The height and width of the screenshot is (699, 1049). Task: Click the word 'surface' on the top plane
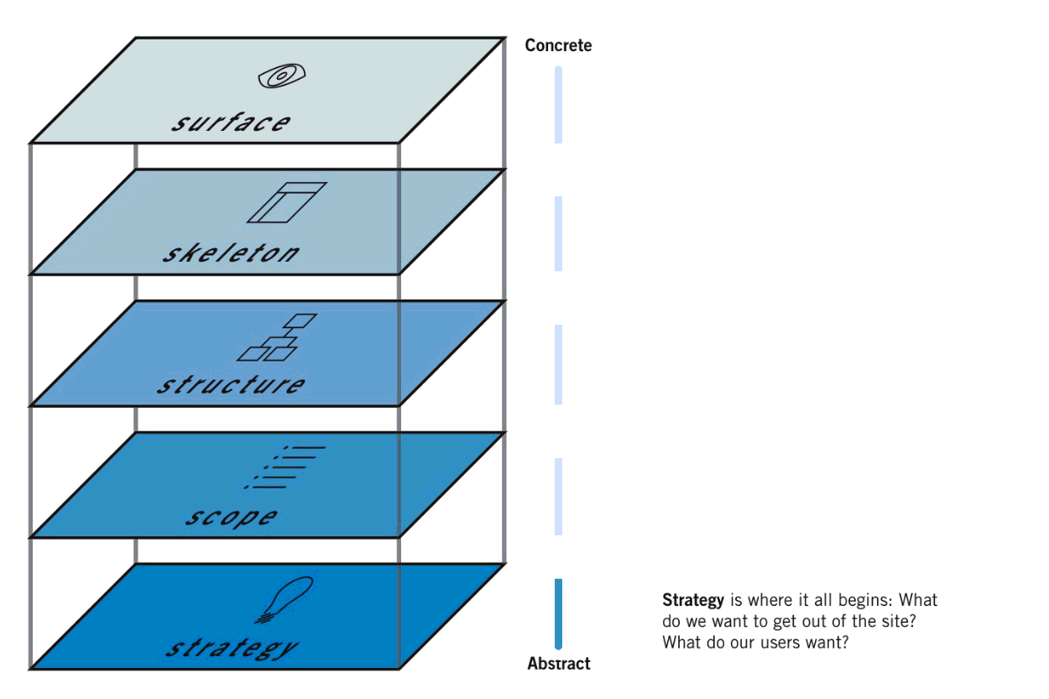pyautogui.click(x=232, y=123)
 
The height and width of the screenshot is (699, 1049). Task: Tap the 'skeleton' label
pyautogui.click(x=231, y=253)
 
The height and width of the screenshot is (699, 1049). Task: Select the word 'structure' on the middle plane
pyautogui.click(x=231, y=385)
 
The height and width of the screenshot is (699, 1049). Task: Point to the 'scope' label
pyautogui.click(x=231, y=517)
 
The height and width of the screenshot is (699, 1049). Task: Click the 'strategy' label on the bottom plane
pyautogui.click(x=231, y=648)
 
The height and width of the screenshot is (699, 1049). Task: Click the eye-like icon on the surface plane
pyautogui.click(x=279, y=76)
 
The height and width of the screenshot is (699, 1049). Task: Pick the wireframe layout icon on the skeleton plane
pyautogui.click(x=286, y=202)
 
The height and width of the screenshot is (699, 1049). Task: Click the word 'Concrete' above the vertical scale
pyautogui.click(x=558, y=45)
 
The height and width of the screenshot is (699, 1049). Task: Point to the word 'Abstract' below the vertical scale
pyautogui.click(x=559, y=664)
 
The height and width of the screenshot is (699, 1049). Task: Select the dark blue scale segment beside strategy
pyautogui.click(x=558, y=613)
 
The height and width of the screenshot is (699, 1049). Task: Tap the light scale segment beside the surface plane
pyautogui.click(x=558, y=105)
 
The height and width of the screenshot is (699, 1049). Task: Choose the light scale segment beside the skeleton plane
pyautogui.click(x=558, y=233)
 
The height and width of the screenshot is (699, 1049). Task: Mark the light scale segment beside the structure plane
pyautogui.click(x=558, y=364)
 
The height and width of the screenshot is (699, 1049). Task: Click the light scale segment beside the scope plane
pyautogui.click(x=558, y=496)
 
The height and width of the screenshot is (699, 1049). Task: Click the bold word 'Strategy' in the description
pyautogui.click(x=693, y=601)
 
